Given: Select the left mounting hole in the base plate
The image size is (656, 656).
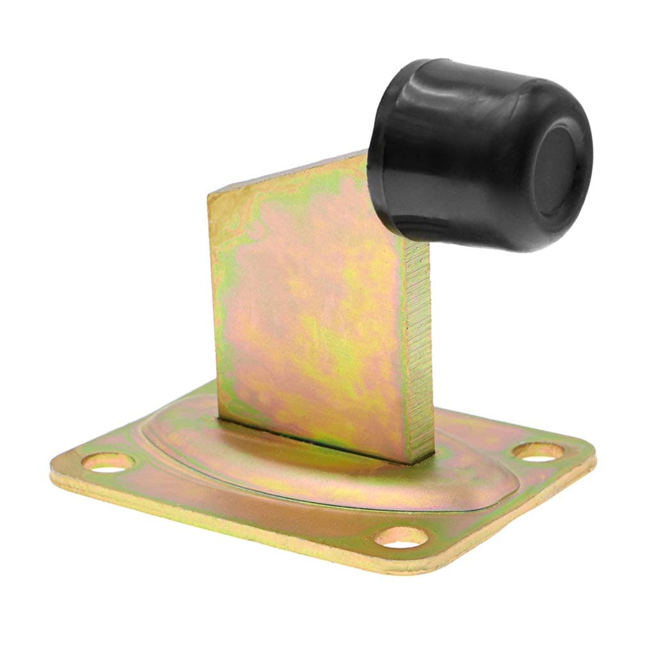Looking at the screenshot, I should point(107,462).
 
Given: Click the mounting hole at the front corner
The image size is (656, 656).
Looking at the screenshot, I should point(402,537).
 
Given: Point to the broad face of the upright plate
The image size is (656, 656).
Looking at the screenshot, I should point(307,307).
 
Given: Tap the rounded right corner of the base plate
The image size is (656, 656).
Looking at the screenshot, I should point(586,452).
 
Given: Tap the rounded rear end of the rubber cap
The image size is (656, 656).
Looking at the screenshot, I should point(384,128).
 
